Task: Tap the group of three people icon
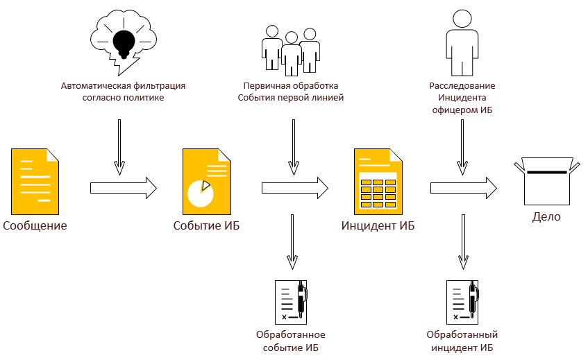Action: coord(290,48)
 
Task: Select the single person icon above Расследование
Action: coord(462,43)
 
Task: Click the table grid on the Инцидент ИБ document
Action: coord(378,192)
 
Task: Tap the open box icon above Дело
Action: coord(546,181)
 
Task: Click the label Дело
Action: coord(546,217)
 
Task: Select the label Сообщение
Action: coord(35,225)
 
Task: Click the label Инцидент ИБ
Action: coord(378,225)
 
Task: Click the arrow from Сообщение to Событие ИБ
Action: coord(124,187)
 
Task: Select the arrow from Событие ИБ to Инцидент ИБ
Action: coord(295,187)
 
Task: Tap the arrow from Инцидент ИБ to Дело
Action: coord(464,187)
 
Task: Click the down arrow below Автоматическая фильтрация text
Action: coord(119,146)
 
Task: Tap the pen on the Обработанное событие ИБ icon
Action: coord(302,298)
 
